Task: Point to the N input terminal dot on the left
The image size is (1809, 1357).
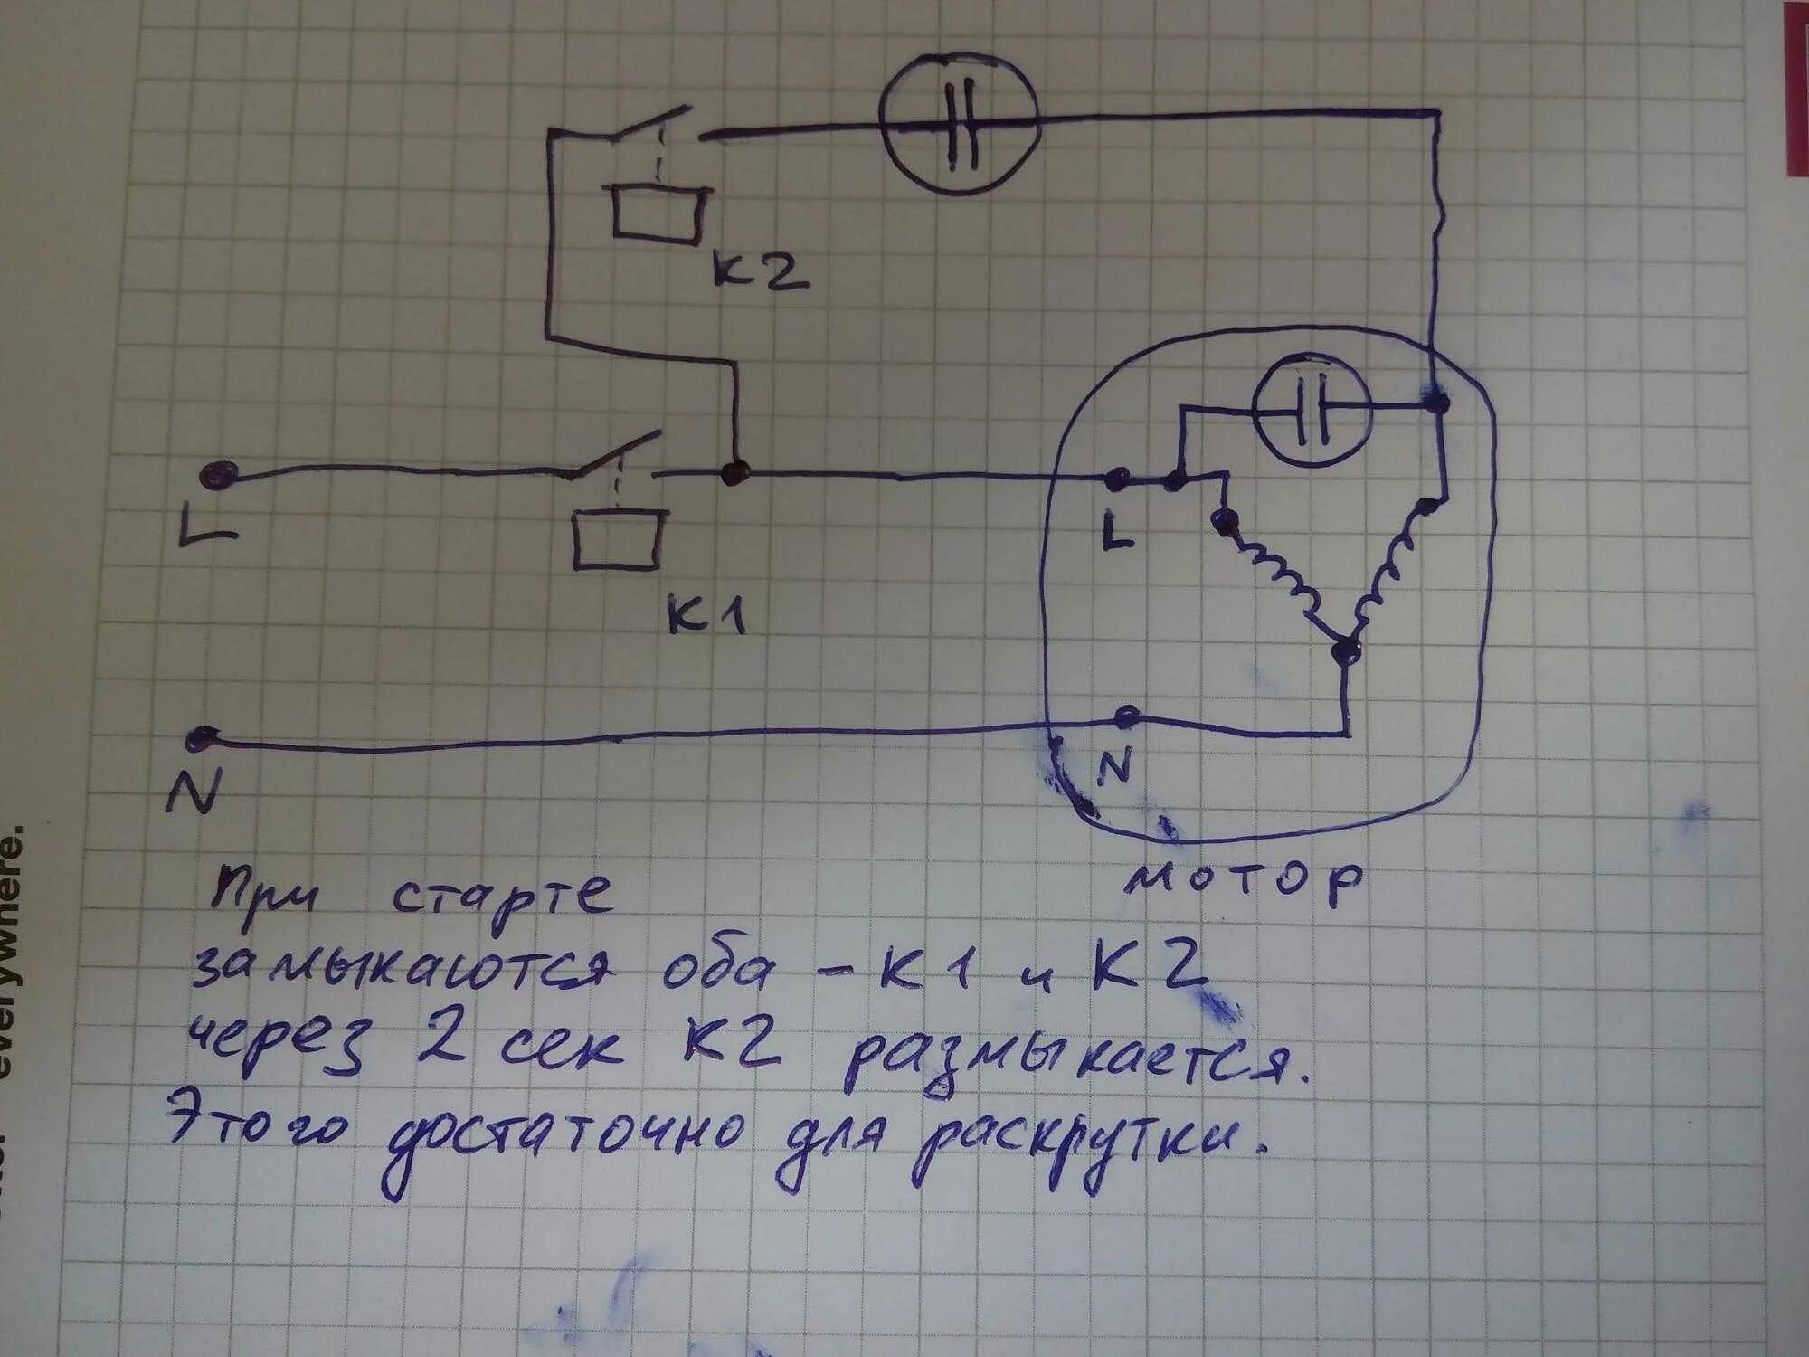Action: tap(196, 739)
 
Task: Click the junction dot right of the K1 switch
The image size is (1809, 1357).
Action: tap(734, 472)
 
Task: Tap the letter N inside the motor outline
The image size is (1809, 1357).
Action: tap(1113, 767)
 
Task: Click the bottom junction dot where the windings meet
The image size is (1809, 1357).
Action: tap(1347, 648)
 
